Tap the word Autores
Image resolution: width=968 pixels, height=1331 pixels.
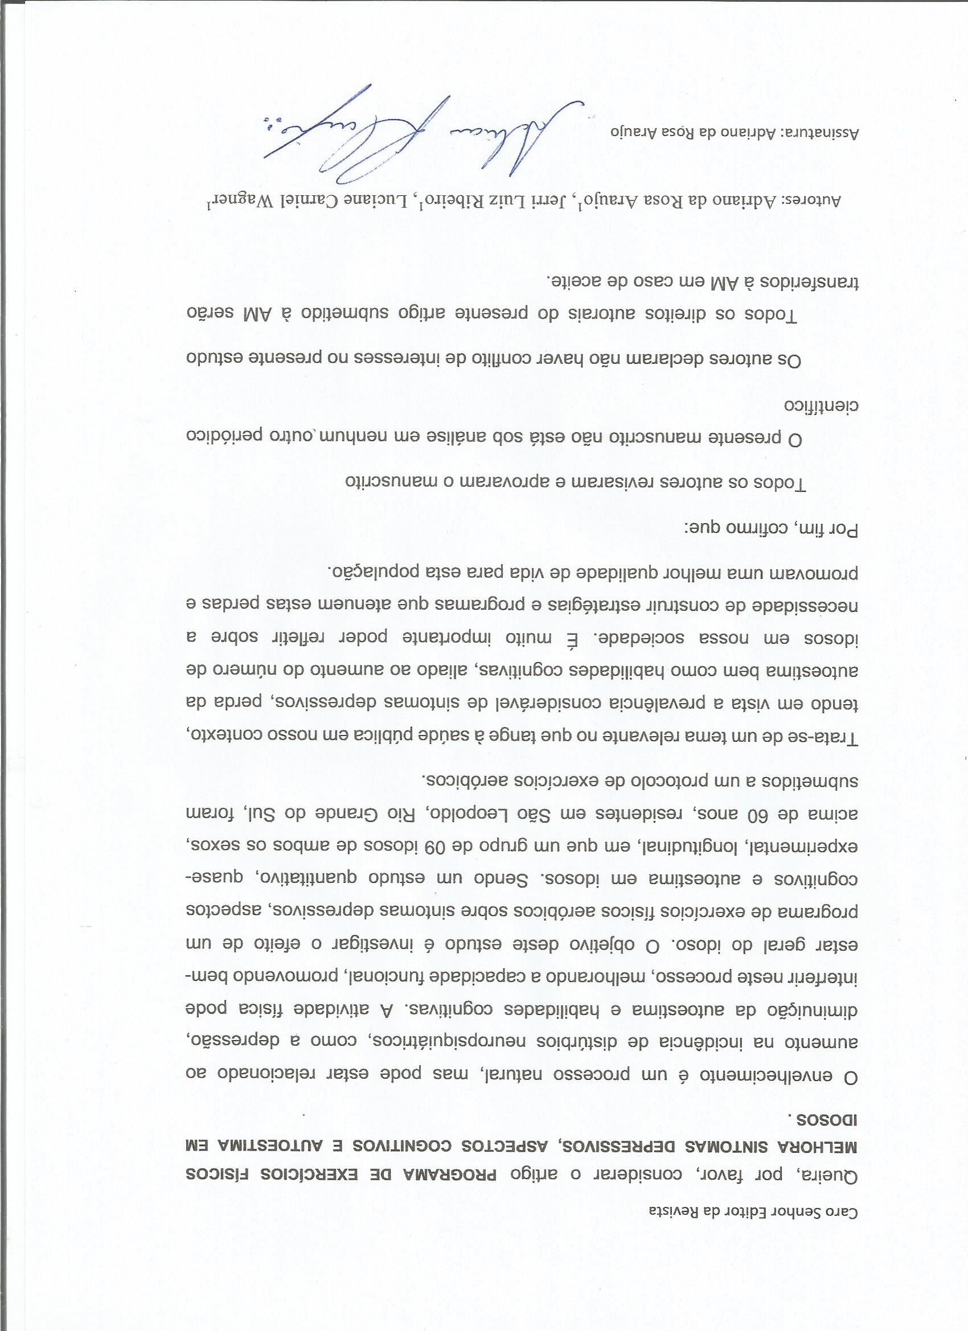pos(816,202)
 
